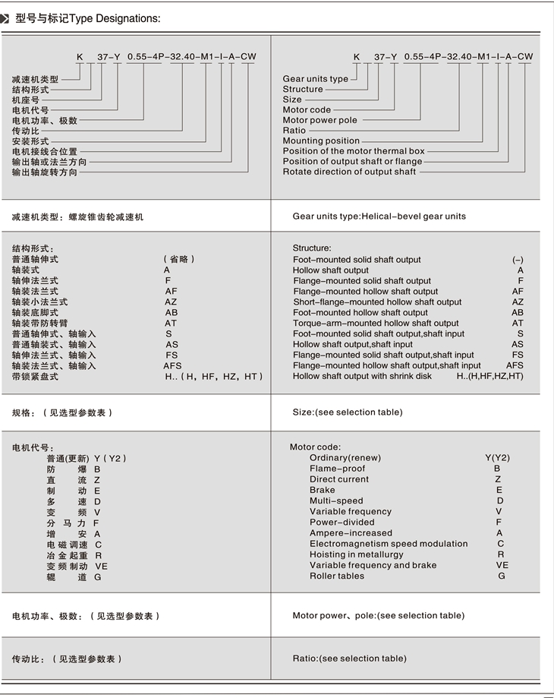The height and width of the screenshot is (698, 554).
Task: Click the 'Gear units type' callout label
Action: click(x=316, y=79)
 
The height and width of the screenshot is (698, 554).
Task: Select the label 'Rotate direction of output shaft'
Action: click(x=349, y=172)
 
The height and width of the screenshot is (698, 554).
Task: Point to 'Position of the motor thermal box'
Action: click(x=354, y=151)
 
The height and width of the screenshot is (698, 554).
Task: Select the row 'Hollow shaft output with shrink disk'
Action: click(x=362, y=376)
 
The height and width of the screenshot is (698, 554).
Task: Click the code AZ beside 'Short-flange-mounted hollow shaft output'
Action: click(x=518, y=302)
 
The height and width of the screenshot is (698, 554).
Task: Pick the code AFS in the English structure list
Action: click(x=515, y=365)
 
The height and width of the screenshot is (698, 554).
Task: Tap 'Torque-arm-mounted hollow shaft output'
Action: click(x=376, y=323)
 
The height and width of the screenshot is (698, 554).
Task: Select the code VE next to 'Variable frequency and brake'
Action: click(x=502, y=565)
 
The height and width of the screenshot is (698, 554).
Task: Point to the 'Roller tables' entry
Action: click(x=337, y=576)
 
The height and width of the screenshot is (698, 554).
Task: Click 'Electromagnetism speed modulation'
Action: click(x=389, y=544)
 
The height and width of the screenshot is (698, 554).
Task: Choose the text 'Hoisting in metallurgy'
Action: click(x=357, y=554)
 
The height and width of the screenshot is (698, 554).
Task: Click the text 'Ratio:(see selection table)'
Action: click(x=350, y=659)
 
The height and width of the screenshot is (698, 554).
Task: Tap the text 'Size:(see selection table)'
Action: click(x=348, y=412)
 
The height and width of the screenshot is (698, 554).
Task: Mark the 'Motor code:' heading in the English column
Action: click(x=315, y=447)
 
